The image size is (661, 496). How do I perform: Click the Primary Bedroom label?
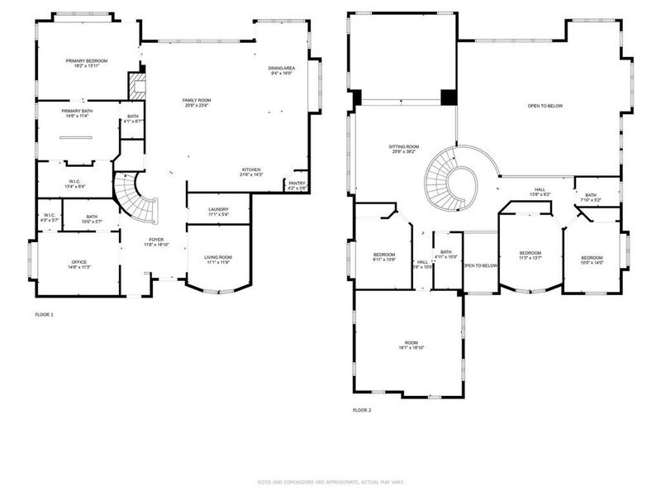pos(87,64)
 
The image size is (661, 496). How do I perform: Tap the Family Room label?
pos(197,103)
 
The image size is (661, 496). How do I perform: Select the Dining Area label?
pos(282,70)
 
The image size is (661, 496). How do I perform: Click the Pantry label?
pos(297,185)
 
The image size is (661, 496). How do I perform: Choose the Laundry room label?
pos(218,212)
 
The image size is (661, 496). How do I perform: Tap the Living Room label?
pos(218,260)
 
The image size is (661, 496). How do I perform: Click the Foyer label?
pos(156,242)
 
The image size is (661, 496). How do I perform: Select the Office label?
pos(78,265)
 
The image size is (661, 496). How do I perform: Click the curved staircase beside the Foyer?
pos(136,198)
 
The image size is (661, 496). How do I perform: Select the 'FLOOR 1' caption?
pos(44,315)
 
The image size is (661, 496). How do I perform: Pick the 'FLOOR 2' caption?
pos(363,410)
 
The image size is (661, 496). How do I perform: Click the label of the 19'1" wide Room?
pos(411,346)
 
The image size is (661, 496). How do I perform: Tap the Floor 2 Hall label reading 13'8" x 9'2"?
pos(540,192)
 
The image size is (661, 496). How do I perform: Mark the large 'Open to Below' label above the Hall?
pos(545,106)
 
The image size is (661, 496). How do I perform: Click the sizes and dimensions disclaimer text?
pos(330,481)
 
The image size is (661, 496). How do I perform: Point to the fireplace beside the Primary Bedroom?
pos(136,84)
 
